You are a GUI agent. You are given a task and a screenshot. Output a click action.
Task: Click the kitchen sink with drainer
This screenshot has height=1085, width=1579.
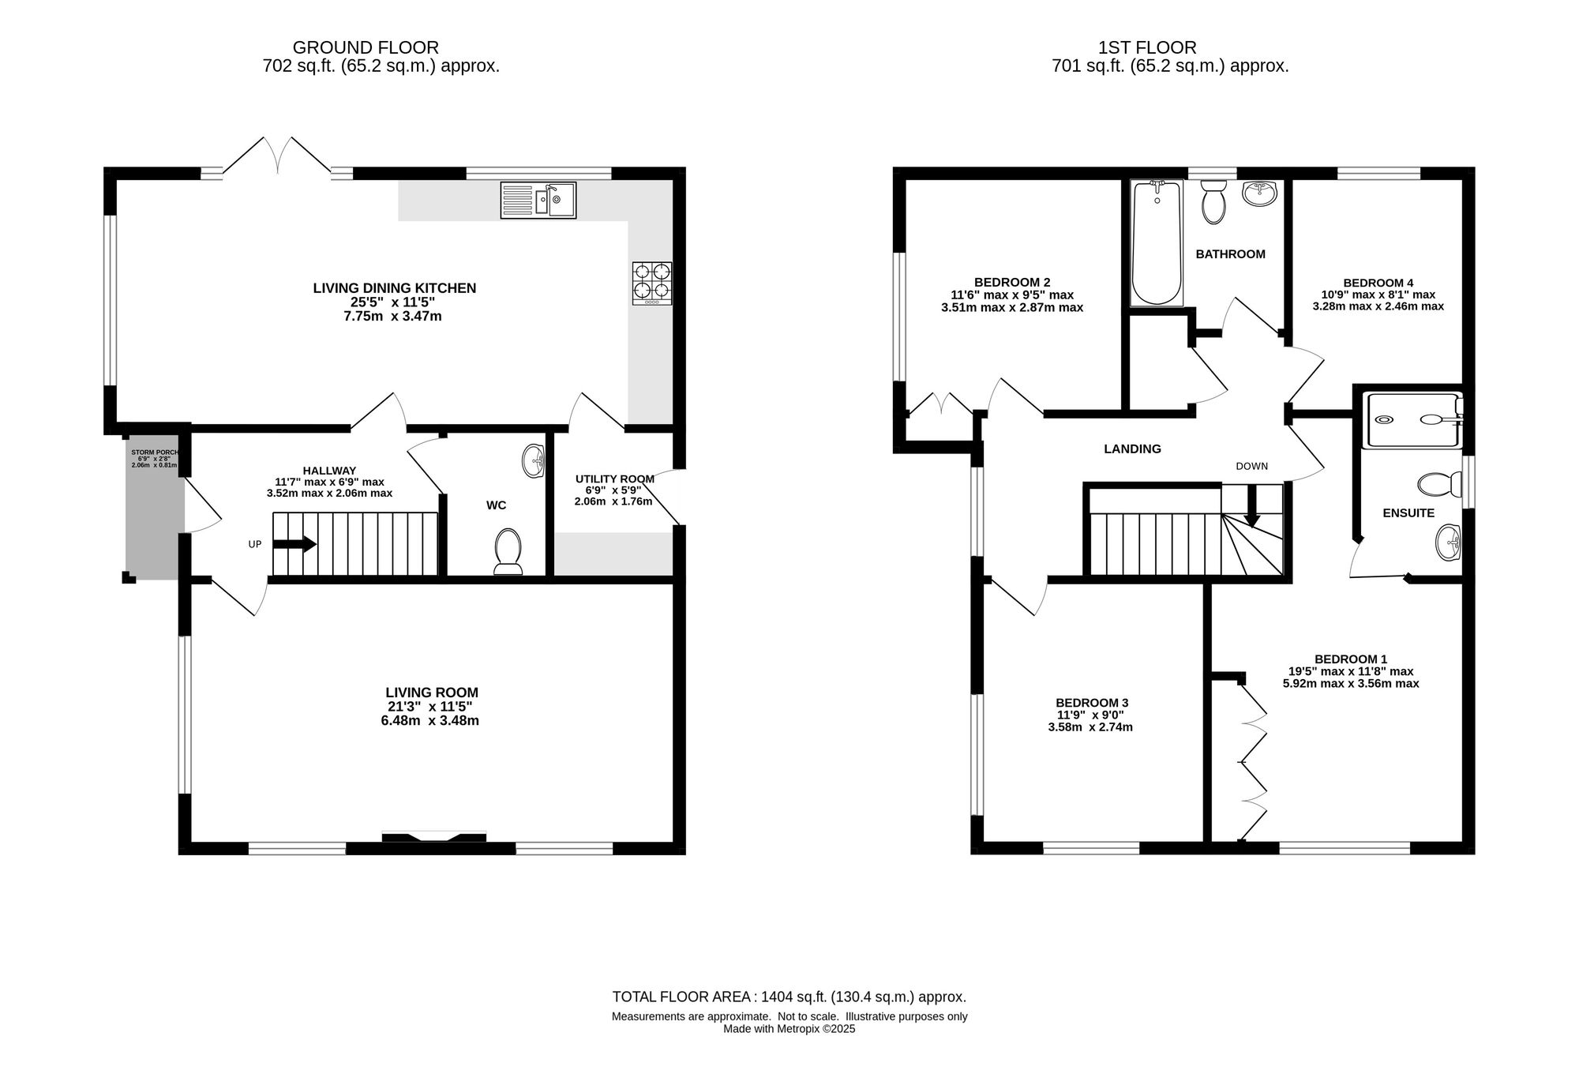[538, 200]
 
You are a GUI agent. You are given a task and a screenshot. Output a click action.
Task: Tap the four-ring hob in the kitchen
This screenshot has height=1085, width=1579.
[652, 283]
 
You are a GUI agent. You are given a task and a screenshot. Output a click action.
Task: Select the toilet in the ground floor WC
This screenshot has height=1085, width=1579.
[508, 550]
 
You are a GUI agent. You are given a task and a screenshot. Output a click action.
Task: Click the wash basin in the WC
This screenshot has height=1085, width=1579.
[534, 461]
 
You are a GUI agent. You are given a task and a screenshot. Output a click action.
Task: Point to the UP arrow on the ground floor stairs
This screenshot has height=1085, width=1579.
[294, 544]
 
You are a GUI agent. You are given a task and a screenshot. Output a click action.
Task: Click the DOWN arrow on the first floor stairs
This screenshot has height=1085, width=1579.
[1252, 506]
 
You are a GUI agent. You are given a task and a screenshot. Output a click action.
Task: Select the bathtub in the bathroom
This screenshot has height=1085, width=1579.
[1157, 242]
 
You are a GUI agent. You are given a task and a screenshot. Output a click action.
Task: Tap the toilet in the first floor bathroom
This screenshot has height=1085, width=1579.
[1213, 201]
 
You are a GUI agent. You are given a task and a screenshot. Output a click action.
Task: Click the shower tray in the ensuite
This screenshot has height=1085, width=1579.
[1413, 420]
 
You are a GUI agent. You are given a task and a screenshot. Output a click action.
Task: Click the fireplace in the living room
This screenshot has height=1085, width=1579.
[434, 837]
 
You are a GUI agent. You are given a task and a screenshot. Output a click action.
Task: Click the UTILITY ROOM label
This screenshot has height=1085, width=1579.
[615, 479]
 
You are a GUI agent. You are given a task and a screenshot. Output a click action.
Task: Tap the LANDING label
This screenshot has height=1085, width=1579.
[1132, 449]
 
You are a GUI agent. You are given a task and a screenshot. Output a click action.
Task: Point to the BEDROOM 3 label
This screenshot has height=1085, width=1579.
[1092, 703]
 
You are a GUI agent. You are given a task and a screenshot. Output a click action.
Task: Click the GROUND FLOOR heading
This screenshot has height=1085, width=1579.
[366, 47]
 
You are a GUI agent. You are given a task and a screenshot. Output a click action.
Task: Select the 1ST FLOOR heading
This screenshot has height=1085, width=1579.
[1147, 47]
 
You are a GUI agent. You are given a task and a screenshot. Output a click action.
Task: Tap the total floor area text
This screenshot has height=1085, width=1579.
[789, 997]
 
